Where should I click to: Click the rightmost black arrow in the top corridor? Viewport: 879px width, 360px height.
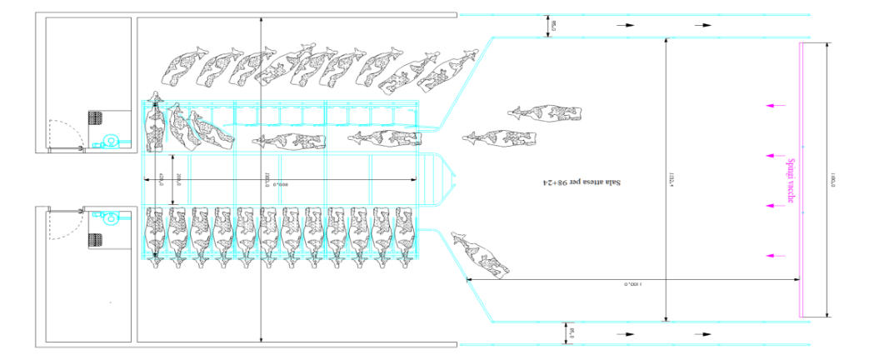(704, 26)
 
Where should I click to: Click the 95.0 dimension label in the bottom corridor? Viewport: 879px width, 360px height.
(572, 333)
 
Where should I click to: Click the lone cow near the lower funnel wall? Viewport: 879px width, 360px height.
(481, 257)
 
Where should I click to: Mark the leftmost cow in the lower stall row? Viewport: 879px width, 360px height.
(156, 234)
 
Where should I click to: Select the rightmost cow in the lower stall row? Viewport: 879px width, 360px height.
(403, 234)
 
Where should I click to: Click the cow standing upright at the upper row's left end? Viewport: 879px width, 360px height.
(155, 124)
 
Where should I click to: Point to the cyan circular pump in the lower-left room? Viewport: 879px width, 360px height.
(108, 219)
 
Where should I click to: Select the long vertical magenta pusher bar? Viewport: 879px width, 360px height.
(803, 180)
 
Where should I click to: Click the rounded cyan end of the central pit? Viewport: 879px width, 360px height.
(447, 179)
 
